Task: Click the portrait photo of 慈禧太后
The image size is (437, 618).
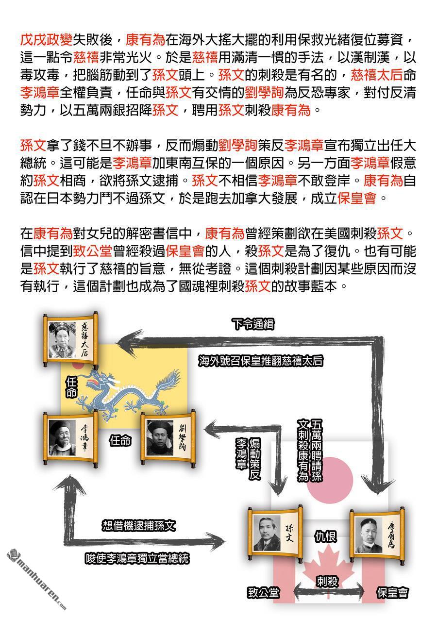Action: point(62,340)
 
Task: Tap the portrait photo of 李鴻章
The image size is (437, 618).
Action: point(62,437)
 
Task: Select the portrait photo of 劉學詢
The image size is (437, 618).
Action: point(160,438)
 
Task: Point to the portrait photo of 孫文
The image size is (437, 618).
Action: point(267,533)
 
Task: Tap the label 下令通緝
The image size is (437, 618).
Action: point(253,324)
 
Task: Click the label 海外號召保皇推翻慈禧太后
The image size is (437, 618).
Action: point(261,361)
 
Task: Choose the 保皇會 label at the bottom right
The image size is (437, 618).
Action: point(392,593)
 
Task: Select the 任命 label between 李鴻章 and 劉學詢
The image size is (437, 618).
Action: point(120,441)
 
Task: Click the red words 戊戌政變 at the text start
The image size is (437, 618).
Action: point(46,40)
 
